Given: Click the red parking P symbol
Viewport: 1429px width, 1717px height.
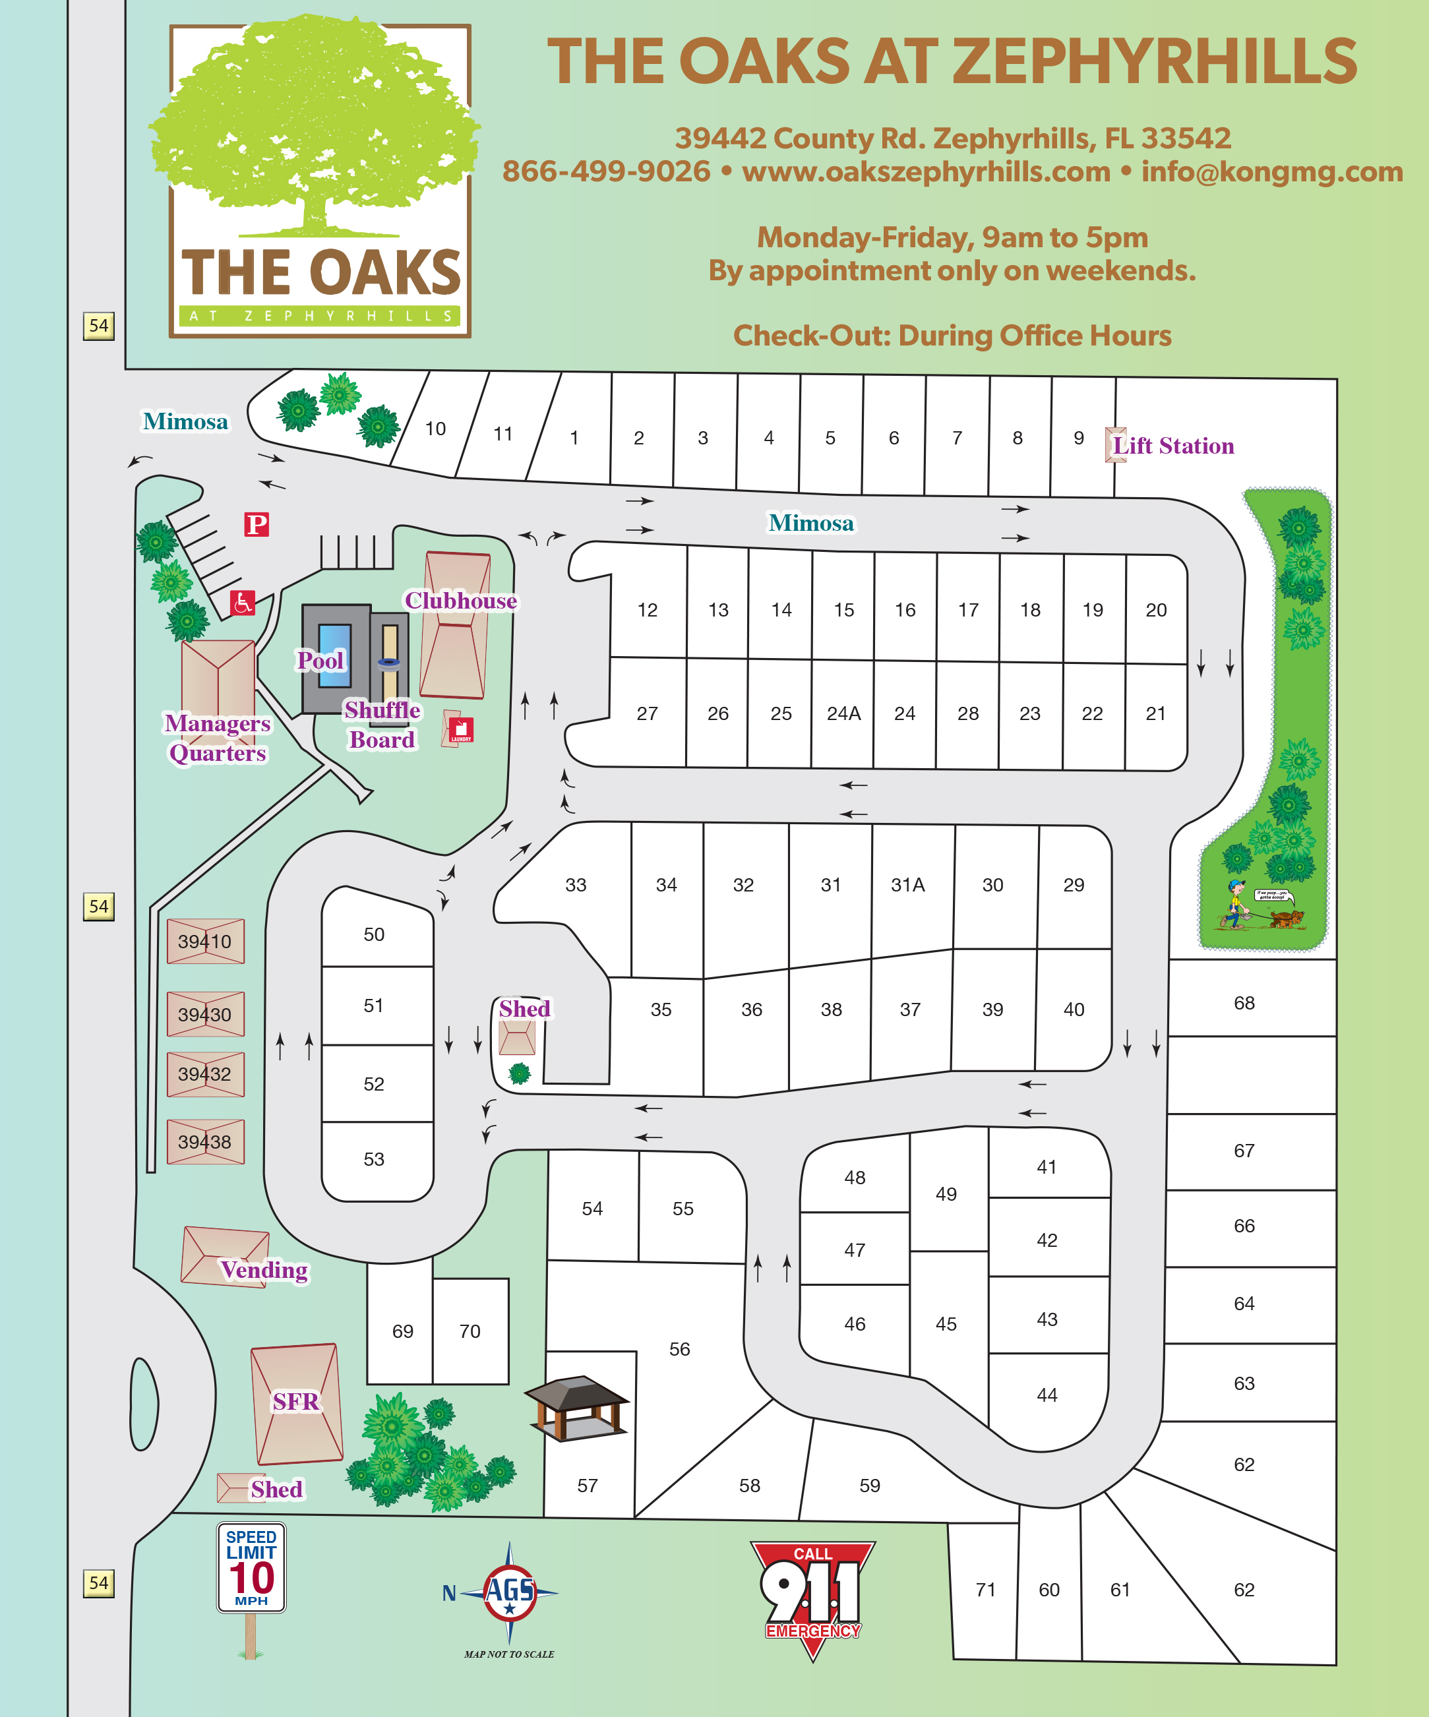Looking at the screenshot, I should click(x=257, y=524).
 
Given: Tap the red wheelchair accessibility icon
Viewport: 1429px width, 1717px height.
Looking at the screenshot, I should click(x=242, y=603).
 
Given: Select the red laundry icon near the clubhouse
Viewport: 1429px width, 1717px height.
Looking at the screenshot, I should click(x=461, y=729).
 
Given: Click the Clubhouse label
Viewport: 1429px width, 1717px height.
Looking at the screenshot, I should click(x=461, y=601).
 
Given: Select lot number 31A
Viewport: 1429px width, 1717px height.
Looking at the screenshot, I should click(x=907, y=885).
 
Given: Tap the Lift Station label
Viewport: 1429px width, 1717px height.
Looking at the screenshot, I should click(x=1173, y=446).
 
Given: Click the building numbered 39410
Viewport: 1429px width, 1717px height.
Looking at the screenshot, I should click(x=205, y=941).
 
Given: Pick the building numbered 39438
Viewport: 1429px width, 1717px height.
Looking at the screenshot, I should click(x=205, y=1141).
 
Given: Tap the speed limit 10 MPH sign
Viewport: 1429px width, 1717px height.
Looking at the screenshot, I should click(x=251, y=1567).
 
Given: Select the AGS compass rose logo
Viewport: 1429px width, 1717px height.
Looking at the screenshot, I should click(x=509, y=1593).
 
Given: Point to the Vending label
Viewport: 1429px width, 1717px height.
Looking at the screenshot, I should click(x=264, y=1270).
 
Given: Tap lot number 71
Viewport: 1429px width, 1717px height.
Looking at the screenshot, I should click(x=985, y=1590).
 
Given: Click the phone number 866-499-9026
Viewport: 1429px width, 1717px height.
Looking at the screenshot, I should click(x=606, y=171).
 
